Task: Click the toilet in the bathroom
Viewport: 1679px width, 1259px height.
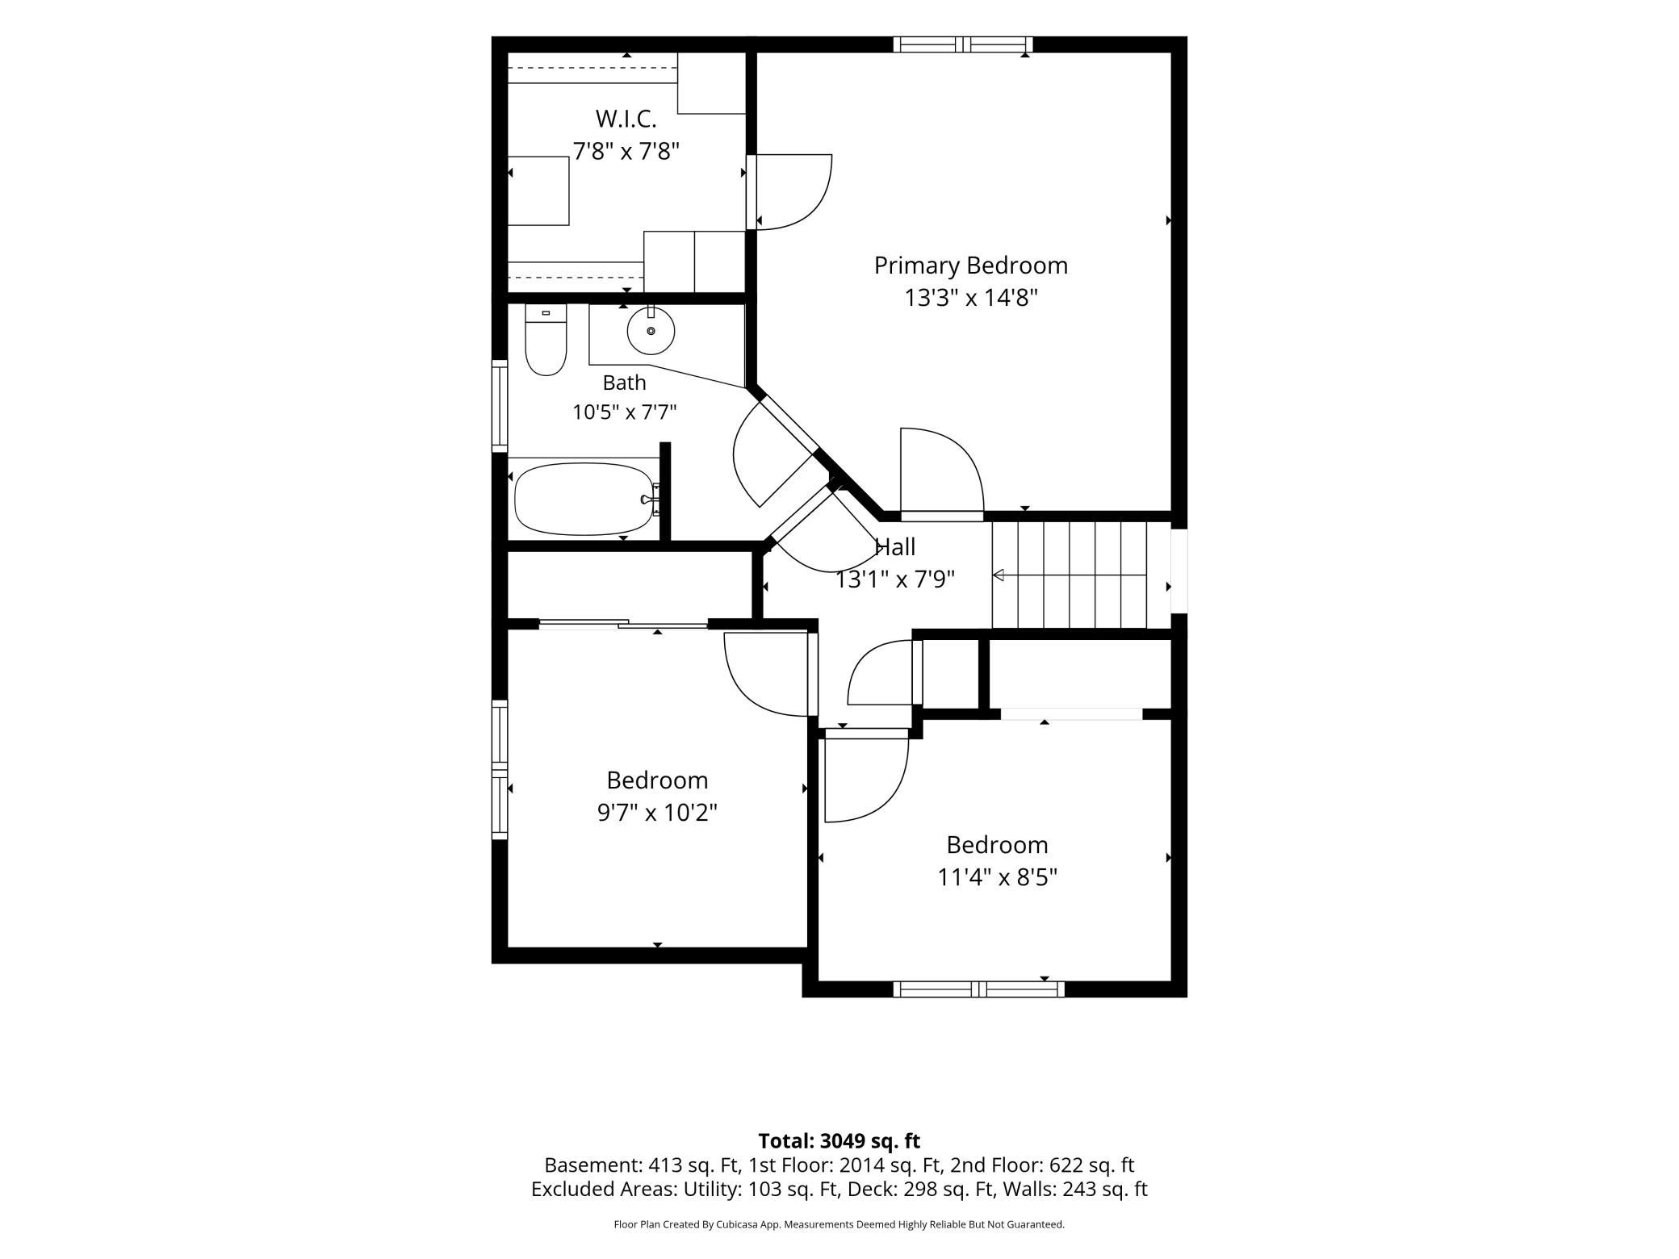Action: (546, 339)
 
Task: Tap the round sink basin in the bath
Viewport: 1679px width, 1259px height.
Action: (651, 331)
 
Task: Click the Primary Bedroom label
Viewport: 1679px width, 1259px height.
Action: (970, 266)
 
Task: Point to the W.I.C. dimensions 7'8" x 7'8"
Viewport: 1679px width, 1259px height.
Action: (626, 151)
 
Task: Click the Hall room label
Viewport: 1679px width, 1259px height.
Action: (895, 547)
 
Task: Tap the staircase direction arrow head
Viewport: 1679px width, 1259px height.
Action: (998, 575)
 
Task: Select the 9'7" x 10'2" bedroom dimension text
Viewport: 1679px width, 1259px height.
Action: (657, 812)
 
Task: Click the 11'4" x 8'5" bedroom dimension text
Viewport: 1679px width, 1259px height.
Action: (997, 876)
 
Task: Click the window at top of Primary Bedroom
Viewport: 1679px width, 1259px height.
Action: (963, 44)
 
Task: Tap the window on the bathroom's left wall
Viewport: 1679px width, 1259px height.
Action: (500, 406)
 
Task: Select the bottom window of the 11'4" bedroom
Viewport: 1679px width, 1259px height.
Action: (978, 989)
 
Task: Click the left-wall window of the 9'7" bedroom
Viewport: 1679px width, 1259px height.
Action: (500, 770)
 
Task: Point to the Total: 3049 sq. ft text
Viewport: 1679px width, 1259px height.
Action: (839, 1140)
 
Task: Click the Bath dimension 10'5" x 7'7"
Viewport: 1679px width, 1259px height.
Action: (624, 412)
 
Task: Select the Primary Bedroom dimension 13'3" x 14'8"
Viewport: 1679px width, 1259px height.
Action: (970, 298)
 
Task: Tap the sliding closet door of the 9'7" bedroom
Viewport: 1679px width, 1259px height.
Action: (623, 623)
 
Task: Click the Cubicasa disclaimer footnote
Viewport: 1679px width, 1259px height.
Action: (839, 1224)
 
